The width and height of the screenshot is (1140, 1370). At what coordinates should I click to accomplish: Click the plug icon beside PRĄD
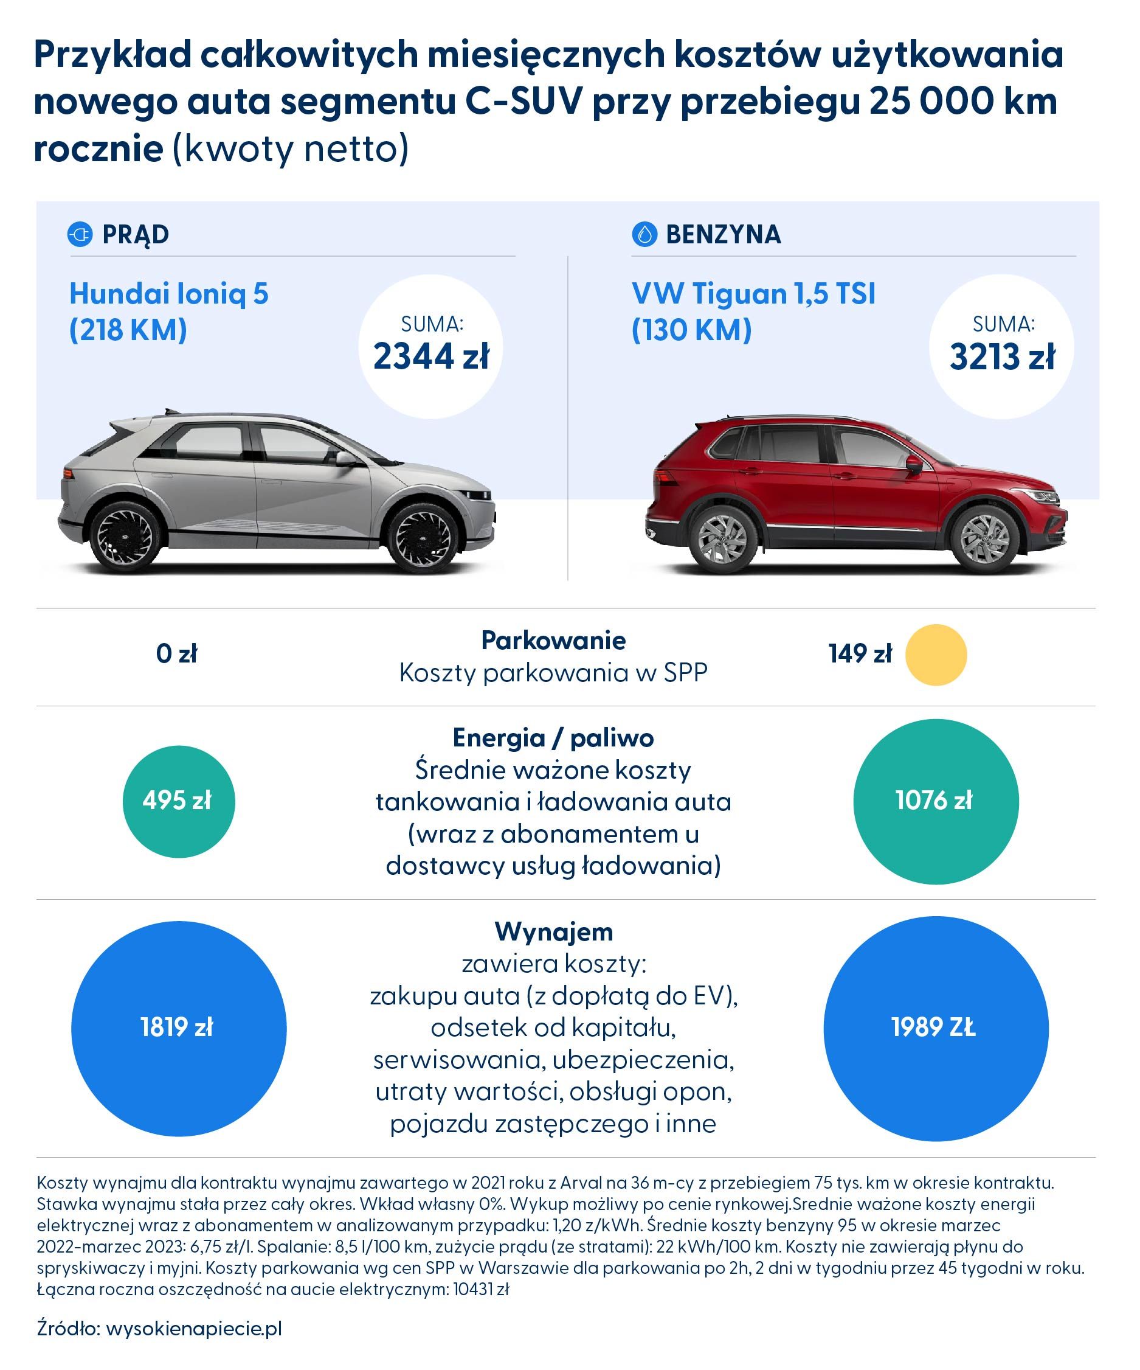tap(80, 234)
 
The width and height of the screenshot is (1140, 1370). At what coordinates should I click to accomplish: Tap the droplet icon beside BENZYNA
tap(644, 234)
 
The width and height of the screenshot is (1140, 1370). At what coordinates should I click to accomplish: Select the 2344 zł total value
tap(430, 356)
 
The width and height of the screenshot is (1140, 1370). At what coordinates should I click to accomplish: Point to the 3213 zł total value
tap(1002, 357)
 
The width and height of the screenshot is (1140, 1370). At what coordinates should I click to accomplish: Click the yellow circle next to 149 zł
tap(935, 655)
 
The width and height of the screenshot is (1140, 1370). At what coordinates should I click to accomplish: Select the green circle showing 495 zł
tap(179, 801)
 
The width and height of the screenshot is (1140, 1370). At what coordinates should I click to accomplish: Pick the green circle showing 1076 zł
tap(935, 801)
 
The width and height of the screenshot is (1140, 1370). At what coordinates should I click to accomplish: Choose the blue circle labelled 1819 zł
tap(179, 1028)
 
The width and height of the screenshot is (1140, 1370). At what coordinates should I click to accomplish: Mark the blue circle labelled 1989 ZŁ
tap(935, 1028)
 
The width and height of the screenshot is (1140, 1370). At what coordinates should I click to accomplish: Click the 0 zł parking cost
tap(177, 654)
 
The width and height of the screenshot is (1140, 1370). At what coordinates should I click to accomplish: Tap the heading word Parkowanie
tap(553, 641)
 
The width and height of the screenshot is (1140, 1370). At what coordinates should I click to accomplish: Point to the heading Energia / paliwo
tap(553, 738)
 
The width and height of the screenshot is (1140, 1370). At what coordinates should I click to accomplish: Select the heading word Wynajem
tap(554, 931)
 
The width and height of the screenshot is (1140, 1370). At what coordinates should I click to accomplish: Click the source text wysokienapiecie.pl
tap(194, 1328)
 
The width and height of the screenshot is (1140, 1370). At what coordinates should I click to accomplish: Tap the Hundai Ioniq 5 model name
tap(169, 294)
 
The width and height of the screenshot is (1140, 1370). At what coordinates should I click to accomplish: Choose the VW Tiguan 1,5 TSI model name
tap(753, 294)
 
